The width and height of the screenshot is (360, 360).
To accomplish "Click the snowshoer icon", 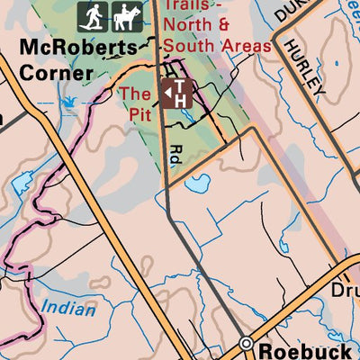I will click(92, 15).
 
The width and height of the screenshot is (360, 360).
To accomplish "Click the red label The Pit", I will click(136, 103).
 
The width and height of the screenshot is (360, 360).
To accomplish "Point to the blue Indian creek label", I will click(67, 310).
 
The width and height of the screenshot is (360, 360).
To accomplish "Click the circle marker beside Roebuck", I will click(246, 344).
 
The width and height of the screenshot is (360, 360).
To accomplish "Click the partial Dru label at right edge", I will click(346, 292).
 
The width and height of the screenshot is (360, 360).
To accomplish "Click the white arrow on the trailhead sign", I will click(167, 89).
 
